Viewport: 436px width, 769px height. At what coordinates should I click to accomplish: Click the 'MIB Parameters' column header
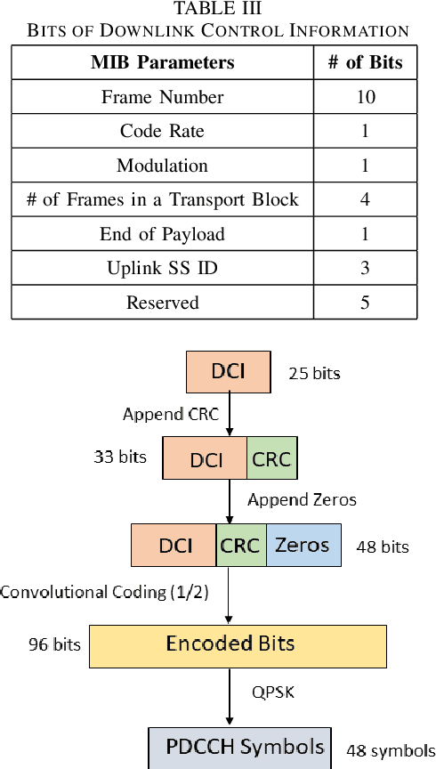coord(163,62)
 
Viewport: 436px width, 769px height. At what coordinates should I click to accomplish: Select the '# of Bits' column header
coord(365,62)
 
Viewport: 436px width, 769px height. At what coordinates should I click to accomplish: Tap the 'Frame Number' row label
coord(163,97)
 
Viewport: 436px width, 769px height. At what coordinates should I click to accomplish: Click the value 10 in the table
coord(365,97)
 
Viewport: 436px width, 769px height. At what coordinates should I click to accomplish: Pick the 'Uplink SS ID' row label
coord(163,268)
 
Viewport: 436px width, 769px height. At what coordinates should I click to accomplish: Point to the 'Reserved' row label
coord(163,303)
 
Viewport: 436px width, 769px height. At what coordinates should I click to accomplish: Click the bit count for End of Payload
coord(365,234)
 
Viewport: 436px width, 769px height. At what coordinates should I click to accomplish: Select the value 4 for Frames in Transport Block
coord(365,199)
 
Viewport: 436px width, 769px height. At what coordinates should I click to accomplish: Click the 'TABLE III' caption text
coord(218,10)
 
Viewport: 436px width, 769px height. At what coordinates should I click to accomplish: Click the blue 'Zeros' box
coord(303,545)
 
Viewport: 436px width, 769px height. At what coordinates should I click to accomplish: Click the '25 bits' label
coord(314,373)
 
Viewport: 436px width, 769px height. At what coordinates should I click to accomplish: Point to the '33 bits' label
coord(119,457)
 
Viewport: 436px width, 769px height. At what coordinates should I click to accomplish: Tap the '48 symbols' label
coord(391,750)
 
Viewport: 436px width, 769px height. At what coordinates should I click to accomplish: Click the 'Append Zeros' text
coord(302,499)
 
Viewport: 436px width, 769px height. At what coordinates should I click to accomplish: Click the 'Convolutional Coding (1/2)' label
coord(104,592)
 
